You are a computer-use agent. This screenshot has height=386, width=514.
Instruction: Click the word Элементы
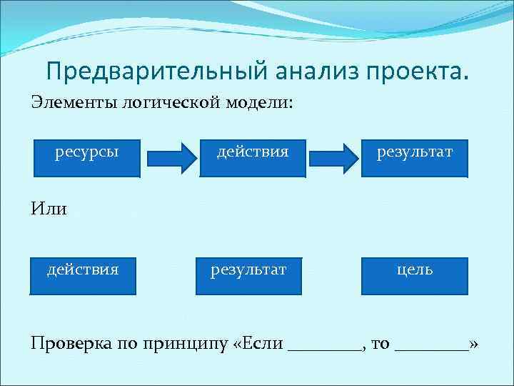pos(74,103)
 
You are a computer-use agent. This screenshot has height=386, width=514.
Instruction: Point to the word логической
pos(172,103)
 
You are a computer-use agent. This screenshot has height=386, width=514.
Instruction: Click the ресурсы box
pos(87,157)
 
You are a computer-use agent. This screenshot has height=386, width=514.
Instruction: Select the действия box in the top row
pos(253,157)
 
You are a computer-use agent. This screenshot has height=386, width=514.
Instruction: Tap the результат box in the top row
pos(415,157)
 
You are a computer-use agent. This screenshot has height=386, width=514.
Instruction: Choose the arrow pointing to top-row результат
pos(336,157)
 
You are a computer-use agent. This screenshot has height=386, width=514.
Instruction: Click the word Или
pos(49,209)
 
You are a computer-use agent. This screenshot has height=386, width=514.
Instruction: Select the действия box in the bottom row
pos(83,275)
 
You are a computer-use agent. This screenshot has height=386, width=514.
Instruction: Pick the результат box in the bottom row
pos(248,275)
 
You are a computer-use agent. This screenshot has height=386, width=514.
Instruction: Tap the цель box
pos(415,275)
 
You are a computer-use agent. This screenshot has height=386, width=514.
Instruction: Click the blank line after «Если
pos(325,347)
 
